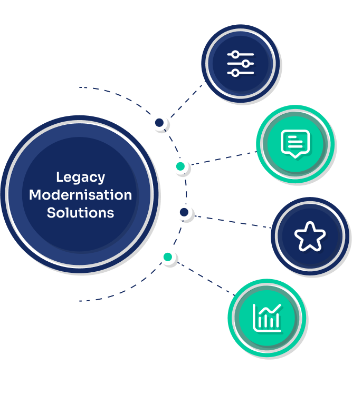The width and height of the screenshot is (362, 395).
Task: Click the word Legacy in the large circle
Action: (80, 177)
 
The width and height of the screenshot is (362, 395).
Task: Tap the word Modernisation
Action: (80, 195)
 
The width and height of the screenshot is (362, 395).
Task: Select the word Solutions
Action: (80, 213)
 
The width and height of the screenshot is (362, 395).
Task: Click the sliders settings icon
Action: (240, 64)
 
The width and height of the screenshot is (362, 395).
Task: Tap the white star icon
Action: (310, 236)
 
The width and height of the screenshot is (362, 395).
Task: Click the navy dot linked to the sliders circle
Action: (159, 123)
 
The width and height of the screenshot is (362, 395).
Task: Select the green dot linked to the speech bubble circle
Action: (180, 166)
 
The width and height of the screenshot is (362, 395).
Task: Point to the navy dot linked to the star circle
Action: (184, 212)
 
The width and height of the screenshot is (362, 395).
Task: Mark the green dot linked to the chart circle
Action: (167, 257)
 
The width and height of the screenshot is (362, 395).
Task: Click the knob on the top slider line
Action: (235, 55)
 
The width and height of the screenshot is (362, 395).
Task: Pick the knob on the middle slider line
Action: (245, 64)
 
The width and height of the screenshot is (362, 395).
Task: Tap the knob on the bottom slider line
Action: (235, 73)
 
